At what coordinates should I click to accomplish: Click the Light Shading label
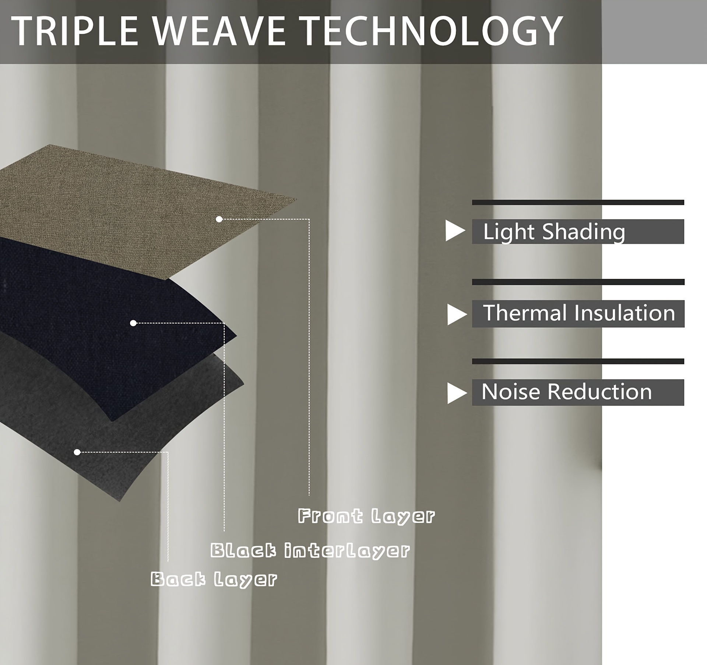coord(554,232)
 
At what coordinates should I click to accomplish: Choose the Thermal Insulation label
coord(579,313)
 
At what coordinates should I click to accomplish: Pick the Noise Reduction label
coord(567,392)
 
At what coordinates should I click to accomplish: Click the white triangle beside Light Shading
coord(455,231)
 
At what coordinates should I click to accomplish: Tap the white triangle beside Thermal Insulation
coord(457,315)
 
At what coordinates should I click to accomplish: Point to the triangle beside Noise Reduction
coord(457,393)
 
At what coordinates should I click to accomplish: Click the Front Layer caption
coord(366,516)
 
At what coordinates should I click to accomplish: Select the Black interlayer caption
coord(310,551)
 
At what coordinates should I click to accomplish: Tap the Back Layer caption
coord(214,579)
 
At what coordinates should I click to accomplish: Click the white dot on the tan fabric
coord(219,219)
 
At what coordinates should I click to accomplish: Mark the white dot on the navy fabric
coord(133,323)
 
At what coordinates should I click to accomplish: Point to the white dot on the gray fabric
coord(77,452)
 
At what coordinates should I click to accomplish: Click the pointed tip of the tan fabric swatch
coord(296,199)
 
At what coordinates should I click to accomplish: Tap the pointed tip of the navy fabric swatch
coord(236,336)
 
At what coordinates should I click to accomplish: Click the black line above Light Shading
coord(578,202)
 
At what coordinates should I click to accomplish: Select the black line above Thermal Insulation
coord(578,282)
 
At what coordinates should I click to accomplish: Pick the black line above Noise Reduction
coord(578,361)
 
